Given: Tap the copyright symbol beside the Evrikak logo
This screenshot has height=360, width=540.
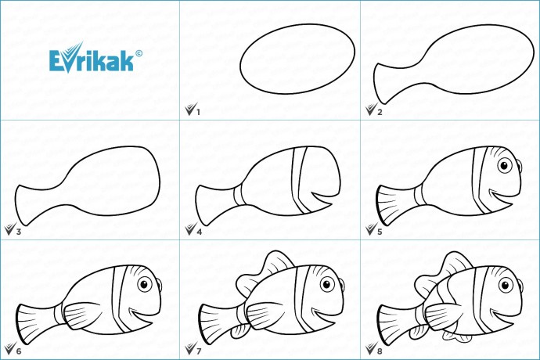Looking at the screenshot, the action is click(139, 53).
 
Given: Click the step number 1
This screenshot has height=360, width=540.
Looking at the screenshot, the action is click(198, 112).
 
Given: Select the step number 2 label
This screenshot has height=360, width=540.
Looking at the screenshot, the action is click(380, 112).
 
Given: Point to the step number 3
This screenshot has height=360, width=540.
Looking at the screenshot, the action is click(19, 232).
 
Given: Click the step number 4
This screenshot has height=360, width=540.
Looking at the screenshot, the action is click(199, 232).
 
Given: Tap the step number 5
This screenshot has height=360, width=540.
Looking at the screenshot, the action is click(380, 232).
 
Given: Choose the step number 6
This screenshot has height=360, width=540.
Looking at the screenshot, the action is click(19, 351).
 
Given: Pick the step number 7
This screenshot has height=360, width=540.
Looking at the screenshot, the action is click(199, 351).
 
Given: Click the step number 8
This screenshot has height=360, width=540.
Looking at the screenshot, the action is click(380, 351).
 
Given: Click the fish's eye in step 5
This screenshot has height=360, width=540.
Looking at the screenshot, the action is click(505, 166).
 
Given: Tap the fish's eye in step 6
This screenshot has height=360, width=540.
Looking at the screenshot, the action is click(145, 285).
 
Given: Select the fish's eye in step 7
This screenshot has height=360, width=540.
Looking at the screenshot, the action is click(327, 285).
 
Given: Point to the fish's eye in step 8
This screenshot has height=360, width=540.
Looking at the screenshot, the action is click(506, 285).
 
